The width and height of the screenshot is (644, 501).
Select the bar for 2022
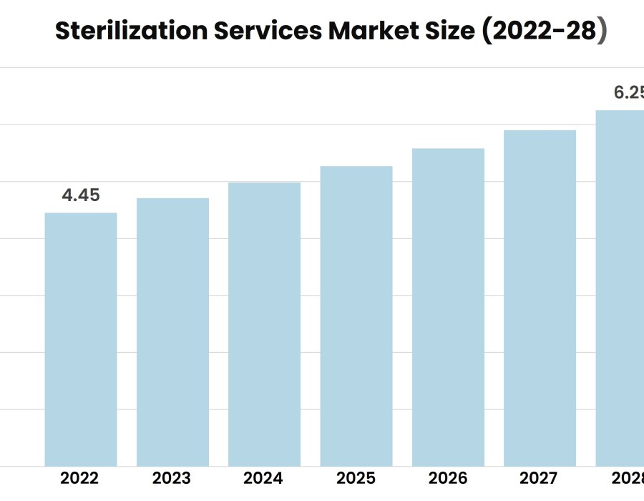point(81,340)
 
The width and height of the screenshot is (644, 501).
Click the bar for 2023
point(172,332)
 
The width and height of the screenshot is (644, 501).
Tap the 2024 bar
point(264,324)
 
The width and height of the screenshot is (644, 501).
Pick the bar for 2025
point(356,316)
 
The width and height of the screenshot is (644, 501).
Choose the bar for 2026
point(448,308)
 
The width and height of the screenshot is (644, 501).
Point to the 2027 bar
point(540,298)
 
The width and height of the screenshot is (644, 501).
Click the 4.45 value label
point(81,195)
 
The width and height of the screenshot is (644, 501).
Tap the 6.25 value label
point(628,93)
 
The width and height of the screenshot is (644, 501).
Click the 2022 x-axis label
point(80,478)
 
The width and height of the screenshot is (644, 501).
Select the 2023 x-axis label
point(172,478)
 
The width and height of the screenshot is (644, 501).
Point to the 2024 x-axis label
point(263,478)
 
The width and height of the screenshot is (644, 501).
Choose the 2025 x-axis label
point(356,478)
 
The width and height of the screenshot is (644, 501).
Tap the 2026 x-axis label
point(447,478)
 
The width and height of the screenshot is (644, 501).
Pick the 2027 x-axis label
point(539,478)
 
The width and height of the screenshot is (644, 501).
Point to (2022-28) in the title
point(545,31)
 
